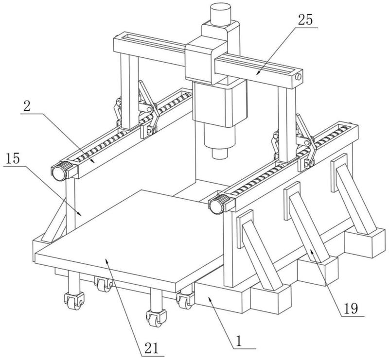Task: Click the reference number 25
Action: (305, 20)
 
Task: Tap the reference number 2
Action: (27, 106)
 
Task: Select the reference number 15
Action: (13, 159)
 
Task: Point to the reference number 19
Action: (351, 309)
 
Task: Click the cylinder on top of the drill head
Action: (221, 15)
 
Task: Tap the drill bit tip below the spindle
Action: (220, 154)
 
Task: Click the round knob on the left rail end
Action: (59, 172)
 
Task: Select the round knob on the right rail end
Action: (217, 206)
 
